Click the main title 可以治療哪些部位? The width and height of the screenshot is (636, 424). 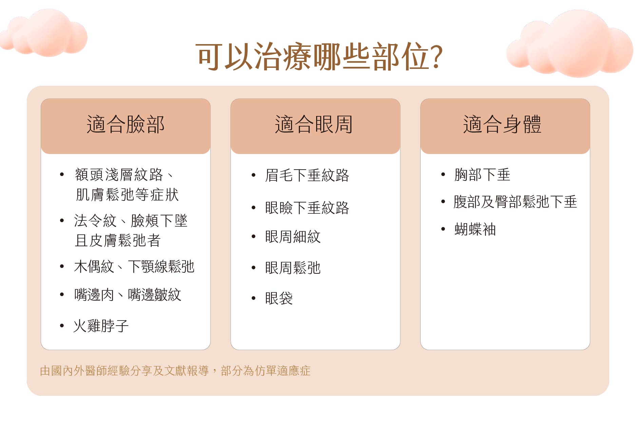point(319,56)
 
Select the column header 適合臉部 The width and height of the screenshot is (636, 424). point(126,124)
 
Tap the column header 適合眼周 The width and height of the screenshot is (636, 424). point(314,124)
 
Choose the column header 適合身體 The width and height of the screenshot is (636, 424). point(502,124)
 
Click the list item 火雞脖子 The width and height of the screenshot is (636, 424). point(101,326)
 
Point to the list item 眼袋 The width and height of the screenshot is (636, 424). point(279,298)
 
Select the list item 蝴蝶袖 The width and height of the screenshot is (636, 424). point(475,230)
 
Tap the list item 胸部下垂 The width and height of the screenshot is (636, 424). point(482,175)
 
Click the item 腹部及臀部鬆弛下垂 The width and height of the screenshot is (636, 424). point(515,202)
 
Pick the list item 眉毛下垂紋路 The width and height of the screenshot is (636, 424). point(307,175)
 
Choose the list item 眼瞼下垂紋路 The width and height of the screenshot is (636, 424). point(307,208)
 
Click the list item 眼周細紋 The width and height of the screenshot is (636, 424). point(293,237)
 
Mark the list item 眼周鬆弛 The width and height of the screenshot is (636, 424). point(293,268)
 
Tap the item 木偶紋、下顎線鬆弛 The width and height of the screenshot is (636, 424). point(134,267)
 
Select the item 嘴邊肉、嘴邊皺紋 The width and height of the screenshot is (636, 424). point(128,294)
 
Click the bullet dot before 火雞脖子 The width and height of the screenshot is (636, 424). point(62,326)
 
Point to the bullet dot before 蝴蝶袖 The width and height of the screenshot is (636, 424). point(443,229)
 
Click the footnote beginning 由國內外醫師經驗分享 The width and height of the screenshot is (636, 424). point(175,371)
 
